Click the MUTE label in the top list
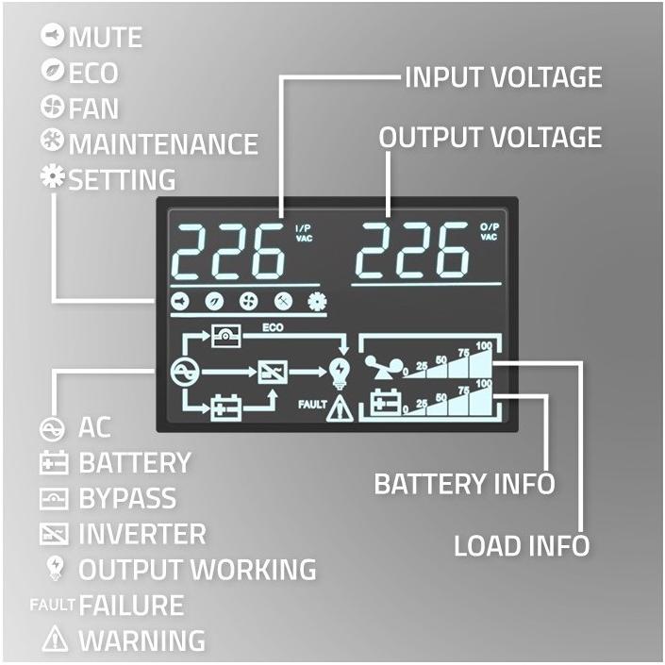(x=106, y=37)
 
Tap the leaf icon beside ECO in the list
(x=53, y=70)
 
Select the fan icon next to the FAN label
(x=53, y=106)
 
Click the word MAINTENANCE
(x=163, y=143)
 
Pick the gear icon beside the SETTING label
(x=53, y=176)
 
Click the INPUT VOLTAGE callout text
(x=504, y=77)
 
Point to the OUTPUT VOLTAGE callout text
(x=490, y=137)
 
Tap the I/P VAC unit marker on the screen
(x=304, y=234)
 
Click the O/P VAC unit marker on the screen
(x=489, y=231)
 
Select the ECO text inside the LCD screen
(x=273, y=327)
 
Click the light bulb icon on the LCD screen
(x=341, y=374)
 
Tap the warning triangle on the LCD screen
(x=340, y=408)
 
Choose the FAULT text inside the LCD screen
(x=312, y=405)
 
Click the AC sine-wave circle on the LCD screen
(x=185, y=372)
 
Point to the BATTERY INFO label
(x=464, y=484)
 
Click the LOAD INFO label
(x=522, y=545)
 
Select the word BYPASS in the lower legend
(x=127, y=498)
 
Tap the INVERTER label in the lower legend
(x=142, y=534)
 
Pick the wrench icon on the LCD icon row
(x=282, y=301)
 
